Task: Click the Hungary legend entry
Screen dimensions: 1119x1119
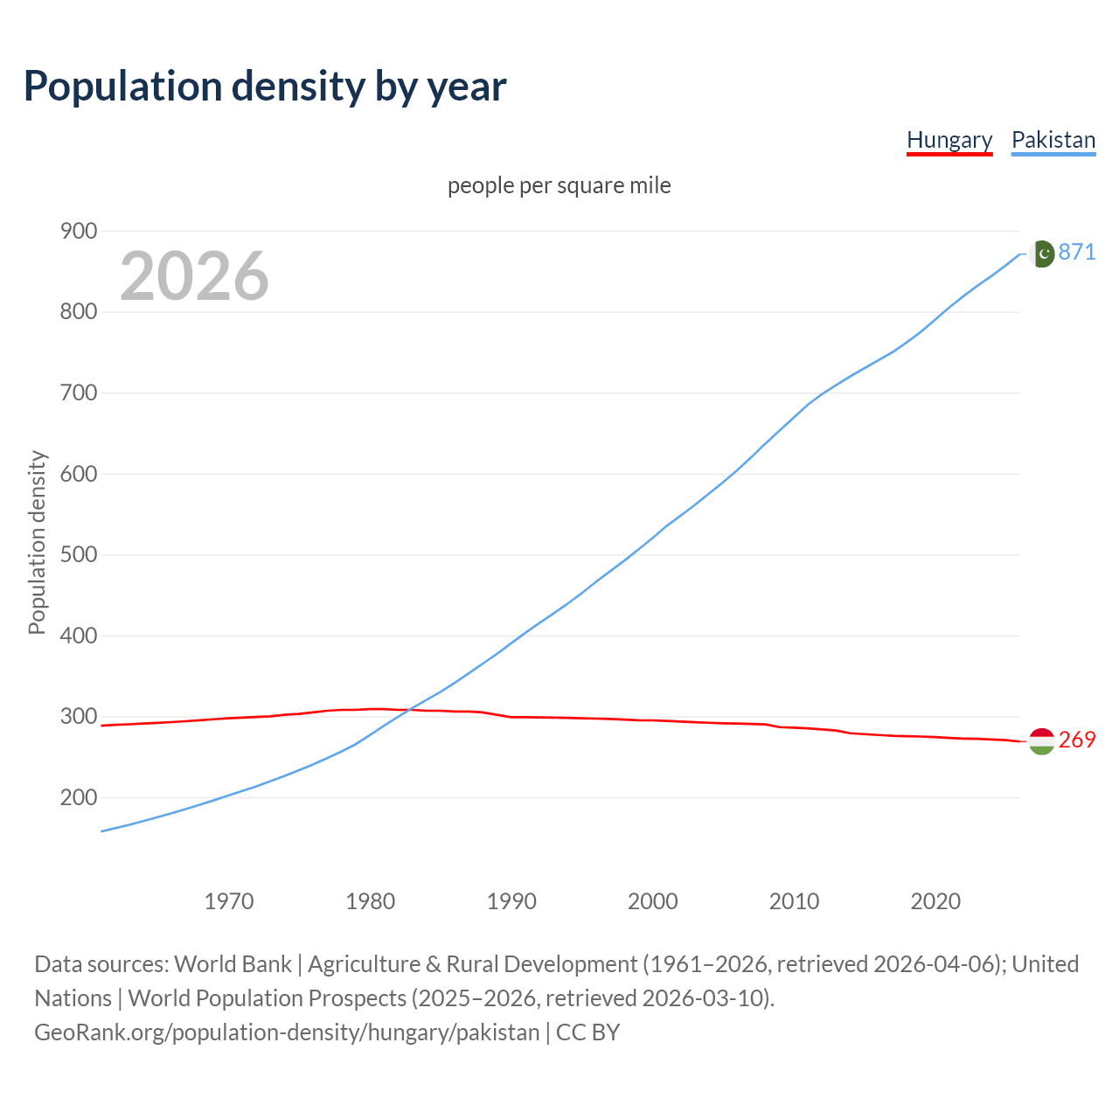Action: tap(949, 140)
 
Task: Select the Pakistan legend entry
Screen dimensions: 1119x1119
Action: tap(1053, 140)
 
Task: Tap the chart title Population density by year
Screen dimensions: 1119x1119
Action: tap(265, 86)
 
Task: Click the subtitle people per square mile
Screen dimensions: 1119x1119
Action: tap(559, 186)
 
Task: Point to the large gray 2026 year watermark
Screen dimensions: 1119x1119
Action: tap(194, 276)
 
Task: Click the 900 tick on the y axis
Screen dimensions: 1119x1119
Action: tap(78, 231)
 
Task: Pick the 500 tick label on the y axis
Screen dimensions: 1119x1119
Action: tap(78, 555)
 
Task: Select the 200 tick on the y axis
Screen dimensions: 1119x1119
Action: tap(78, 797)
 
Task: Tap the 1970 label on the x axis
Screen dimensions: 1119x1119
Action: tap(229, 901)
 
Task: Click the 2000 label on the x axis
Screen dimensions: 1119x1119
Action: tap(653, 901)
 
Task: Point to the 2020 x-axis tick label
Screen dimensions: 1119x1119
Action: tap(935, 901)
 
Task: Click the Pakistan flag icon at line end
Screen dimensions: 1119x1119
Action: tap(1041, 254)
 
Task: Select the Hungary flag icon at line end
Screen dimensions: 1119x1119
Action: tap(1041, 740)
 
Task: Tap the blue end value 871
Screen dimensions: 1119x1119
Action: tap(1077, 253)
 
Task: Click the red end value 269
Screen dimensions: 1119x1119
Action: tap(1077, 740)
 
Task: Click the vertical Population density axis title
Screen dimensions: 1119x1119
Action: tap(37, 542)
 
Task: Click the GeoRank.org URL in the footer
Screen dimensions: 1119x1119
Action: tap(287, 1032)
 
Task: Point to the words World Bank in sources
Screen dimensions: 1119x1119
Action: tap(233, 964)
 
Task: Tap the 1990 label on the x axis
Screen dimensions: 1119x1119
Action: tap(511, 901)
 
